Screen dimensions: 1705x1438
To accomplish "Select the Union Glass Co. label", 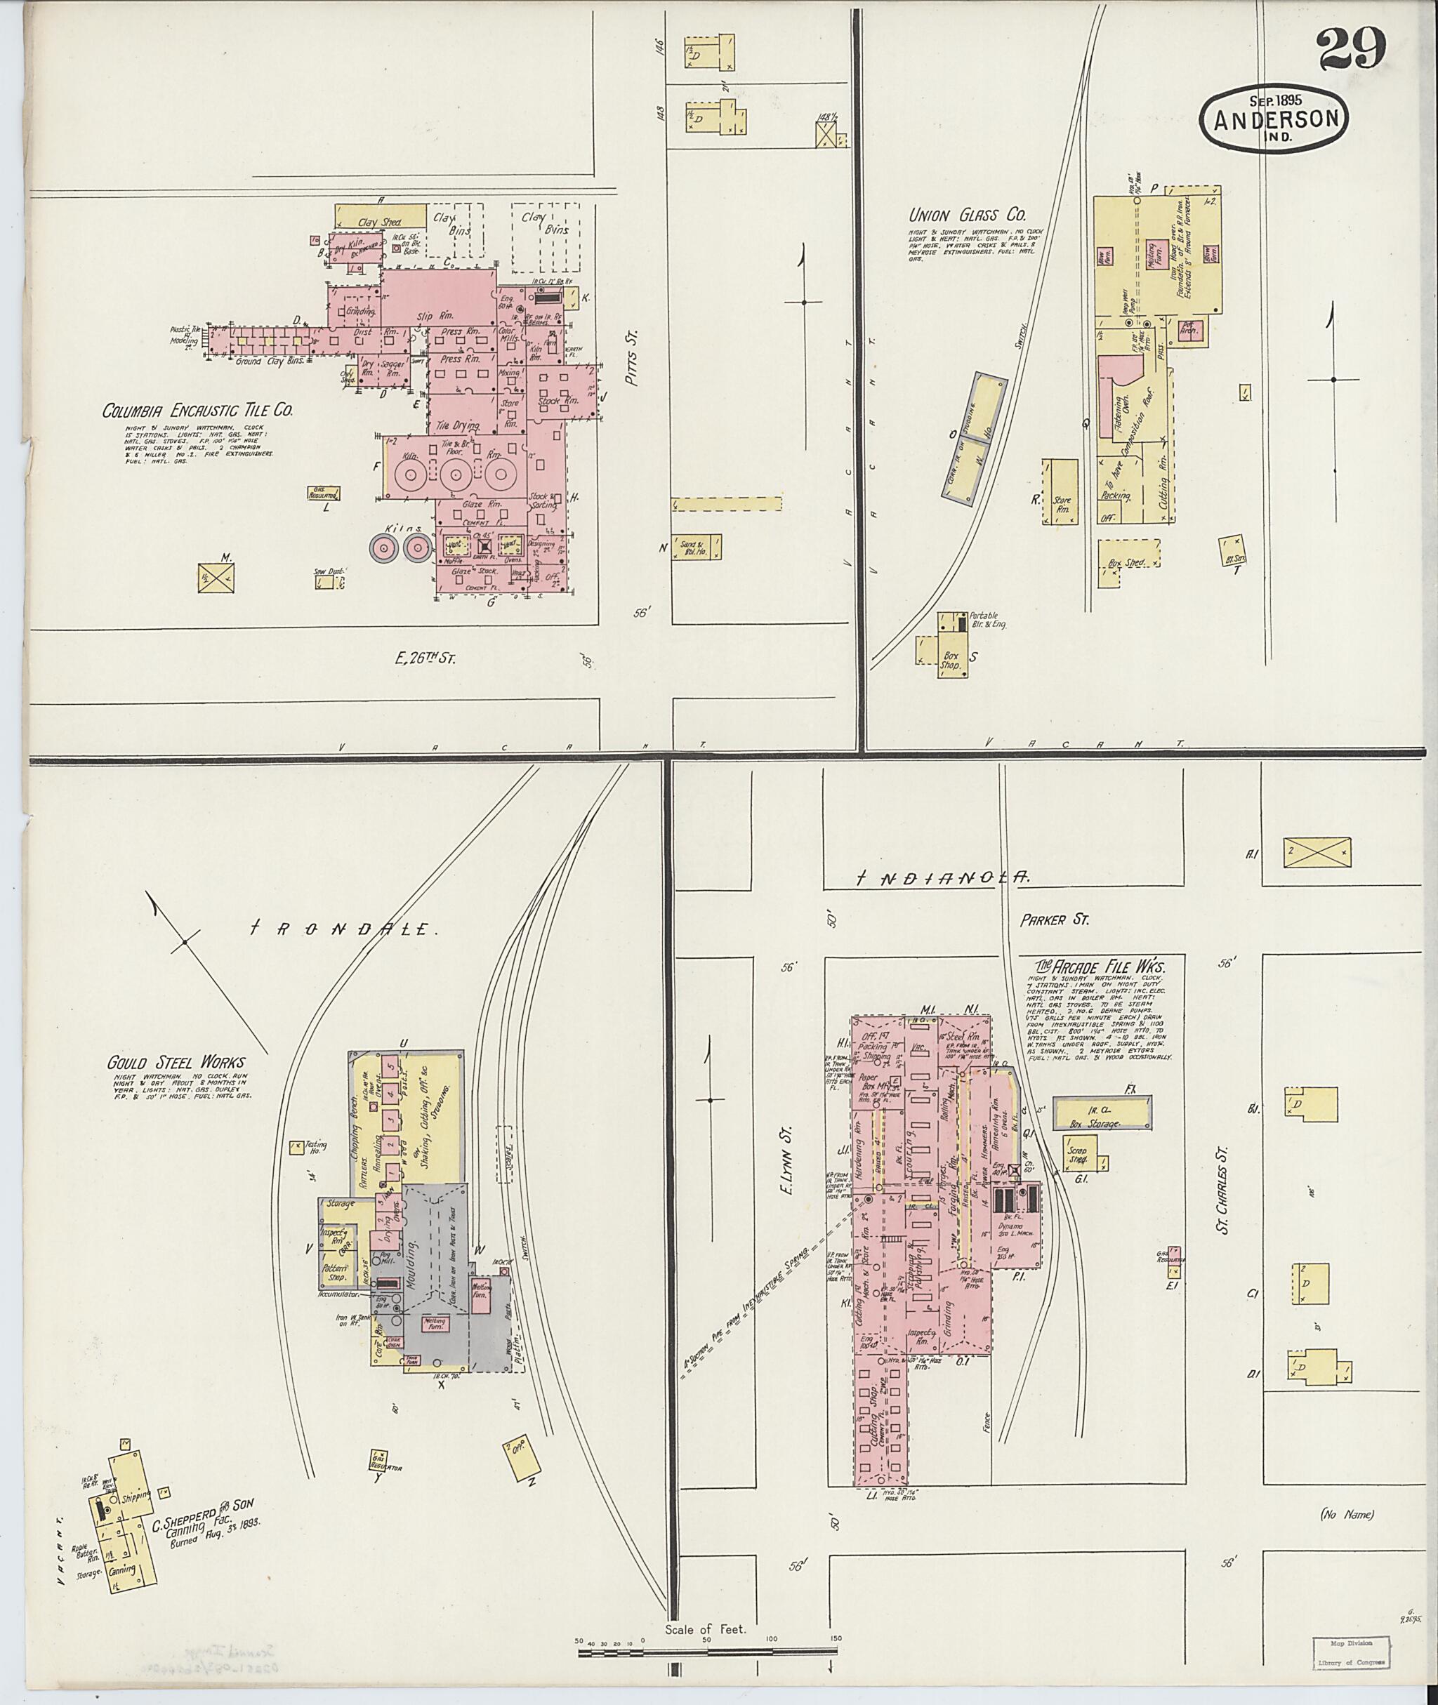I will pyautogui.click(x=967, y=215).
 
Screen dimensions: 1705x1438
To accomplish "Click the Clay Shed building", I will pyautogui.click(x=380, y=217).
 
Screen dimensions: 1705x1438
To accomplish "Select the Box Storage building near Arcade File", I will pyautogui.click(x=1102, y=1112).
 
